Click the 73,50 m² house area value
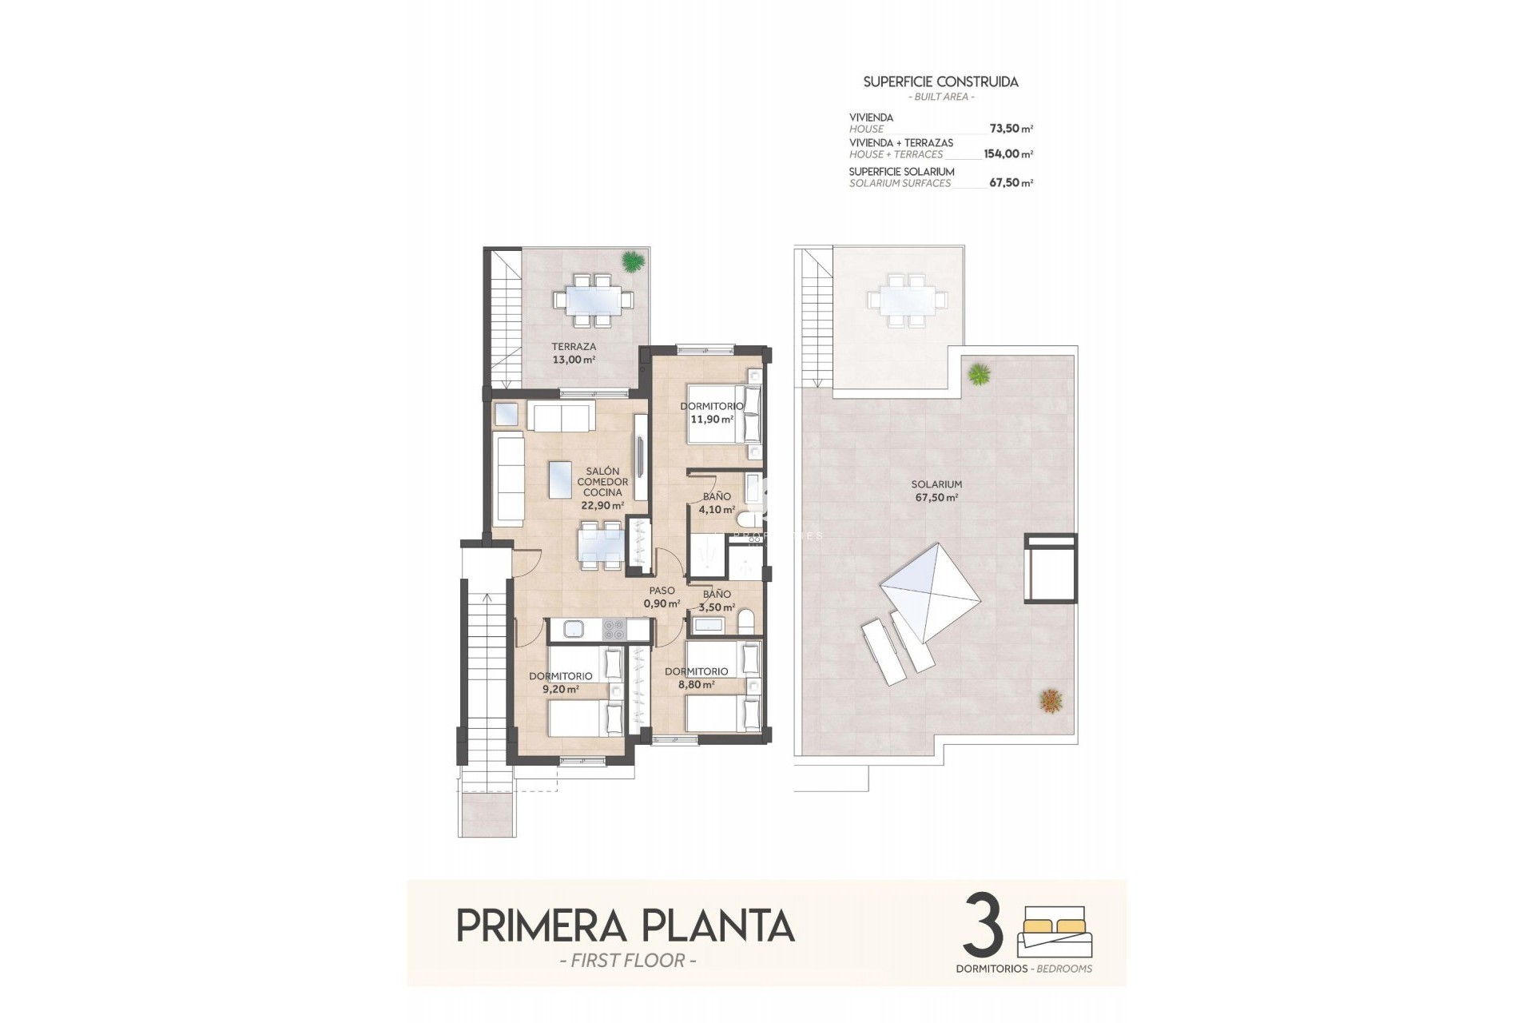click(1011, 129)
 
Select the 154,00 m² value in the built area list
click(1007, 154)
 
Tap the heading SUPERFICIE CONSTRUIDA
click(940, 82)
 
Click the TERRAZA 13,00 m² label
click(574, 353)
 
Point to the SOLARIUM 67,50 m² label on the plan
click(936, 491)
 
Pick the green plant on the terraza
click(632, 261)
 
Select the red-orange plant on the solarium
click(1051, 701)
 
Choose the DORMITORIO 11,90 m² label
click(711, 412)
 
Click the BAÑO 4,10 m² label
click(717, 503)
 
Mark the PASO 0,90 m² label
click(662, 597)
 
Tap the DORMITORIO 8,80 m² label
click(696, 678)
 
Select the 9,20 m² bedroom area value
click(560, 689)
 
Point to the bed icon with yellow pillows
click(1055, 932)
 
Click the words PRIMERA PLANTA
click(625, 925)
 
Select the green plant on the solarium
click(979, 373)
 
